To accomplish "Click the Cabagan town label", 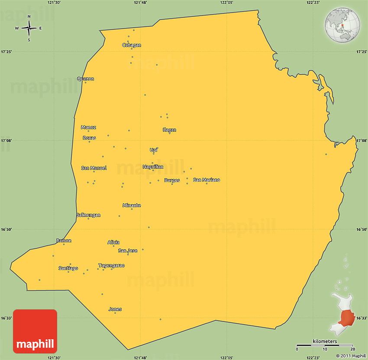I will (x=132, y=45).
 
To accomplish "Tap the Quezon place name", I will (x=85, y=79).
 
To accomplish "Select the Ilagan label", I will (x=169, y=130).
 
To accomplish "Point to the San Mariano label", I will (x=207, y=180).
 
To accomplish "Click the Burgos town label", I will (x=172, y=180).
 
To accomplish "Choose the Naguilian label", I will (x=153, y=167).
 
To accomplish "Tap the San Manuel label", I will (x=94, y=168).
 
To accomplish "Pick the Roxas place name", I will (x=89, y=138).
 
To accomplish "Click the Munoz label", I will (x=88, y=127).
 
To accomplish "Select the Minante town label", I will (x=132, y=206).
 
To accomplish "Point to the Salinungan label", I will (x=88, y=215).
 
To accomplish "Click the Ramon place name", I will (x=64, y=241).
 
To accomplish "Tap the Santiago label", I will (x=68, y=268).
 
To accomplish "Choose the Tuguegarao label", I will (x=111, y=265).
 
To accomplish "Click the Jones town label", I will (x=115, y=309).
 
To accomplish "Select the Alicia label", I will (x=113, y=242).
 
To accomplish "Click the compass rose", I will (x=29, y=29).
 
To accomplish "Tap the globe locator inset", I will (x=342, y=25).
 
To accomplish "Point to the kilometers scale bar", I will (x=325, y=346).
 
